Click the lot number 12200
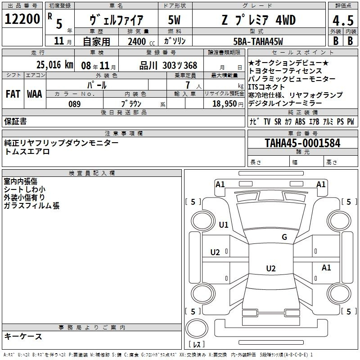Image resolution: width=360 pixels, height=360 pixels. pos(22,19)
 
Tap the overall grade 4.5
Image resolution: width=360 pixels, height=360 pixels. pos(343,20)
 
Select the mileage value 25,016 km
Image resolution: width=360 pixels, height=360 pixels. pos(54,65)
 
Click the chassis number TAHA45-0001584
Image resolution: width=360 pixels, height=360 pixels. pos(302,143)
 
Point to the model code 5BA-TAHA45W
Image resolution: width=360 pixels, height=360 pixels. pos(258,41)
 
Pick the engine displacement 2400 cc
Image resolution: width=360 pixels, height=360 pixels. pos(141,41)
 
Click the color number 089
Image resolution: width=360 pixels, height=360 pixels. pos(75,104)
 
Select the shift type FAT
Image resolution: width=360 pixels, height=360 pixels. pos(13,94)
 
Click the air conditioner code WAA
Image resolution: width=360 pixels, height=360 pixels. pos(35,94)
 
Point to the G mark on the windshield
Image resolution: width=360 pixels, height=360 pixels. pos(284,237)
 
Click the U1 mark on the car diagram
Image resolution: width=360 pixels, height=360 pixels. pos(224,225)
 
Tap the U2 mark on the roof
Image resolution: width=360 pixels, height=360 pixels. pos(271,268)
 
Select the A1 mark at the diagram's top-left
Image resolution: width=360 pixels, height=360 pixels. pos(220,184)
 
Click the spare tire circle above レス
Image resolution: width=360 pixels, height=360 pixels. pos(197,328)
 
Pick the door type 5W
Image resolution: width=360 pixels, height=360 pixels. pos(174,20)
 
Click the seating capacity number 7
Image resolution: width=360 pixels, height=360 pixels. pos(188,85)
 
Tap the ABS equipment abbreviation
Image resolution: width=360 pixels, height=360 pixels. pos(300,121)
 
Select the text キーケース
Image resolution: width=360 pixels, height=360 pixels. pos(23,337)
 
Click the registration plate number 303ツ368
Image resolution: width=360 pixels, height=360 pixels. pos(180,65)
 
